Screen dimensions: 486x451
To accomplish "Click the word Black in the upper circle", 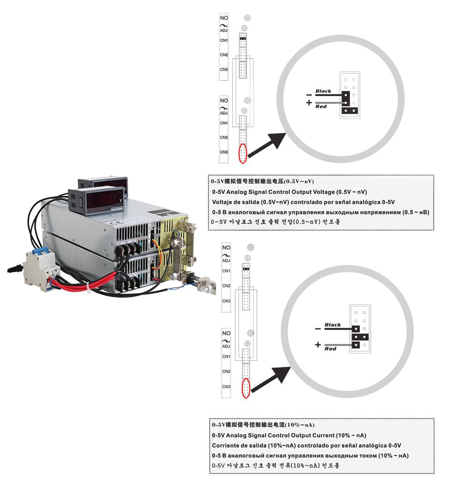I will tap(323, 91).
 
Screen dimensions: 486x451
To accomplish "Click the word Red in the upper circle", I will tap(321, 106).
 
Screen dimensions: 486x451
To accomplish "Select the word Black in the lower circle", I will tap(333, 325).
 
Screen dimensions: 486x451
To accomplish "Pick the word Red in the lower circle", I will tap(331, 349).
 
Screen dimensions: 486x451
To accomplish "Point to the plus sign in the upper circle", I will tap(309, 103).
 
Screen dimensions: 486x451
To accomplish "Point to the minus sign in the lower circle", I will tap(318, 329).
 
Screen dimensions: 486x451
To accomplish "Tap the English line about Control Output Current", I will tap(289, 435).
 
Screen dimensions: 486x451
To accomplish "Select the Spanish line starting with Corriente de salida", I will tap(306, 445).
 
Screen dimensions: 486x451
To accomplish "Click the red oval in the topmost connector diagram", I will tap(244, 154).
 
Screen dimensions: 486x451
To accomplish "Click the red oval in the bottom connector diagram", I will tap(246, 388).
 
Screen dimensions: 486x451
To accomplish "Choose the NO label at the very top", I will tap(224, 18).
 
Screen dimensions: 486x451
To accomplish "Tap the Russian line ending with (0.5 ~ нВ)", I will tap(320, 212).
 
